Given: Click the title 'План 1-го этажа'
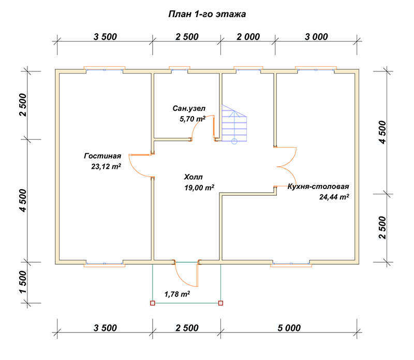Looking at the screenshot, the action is [x=207, y=14].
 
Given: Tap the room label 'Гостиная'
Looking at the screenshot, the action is [x=102, y=156].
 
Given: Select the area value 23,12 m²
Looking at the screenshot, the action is [x=106, y=166].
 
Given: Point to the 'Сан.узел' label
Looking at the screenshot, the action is [x=189, y=108].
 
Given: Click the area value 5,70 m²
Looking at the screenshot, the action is [x=192, y=119].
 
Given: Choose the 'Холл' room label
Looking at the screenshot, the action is [x=193, y=177].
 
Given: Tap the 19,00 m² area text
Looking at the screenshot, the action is [x=199, y=188].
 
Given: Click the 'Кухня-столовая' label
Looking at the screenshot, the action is [x=318, y=186].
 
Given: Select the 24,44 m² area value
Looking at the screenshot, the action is [x=334, y=197].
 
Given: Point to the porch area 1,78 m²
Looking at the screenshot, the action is [x=177, y=294].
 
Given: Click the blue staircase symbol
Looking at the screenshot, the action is [x=234, y=124].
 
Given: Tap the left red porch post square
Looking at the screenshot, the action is [x=152, y=303].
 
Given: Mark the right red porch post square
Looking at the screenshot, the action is [x=221, y=303].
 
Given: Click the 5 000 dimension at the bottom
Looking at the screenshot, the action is [x=289, y=328].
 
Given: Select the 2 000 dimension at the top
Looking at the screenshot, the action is [x=248, y=37].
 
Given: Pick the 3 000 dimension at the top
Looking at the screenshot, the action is [x=316, y=37].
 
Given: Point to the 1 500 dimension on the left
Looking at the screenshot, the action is [x=23, y=282].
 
